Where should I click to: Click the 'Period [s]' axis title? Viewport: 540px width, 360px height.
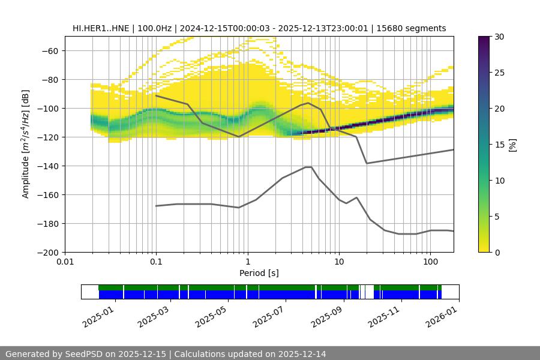[x=259, y=273]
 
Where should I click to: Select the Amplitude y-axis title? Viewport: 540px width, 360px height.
[x=26, y=144]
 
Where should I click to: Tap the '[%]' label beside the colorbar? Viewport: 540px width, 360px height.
[x=512, y=145]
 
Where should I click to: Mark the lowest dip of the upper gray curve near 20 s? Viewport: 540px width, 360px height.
[x=367, y=163]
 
